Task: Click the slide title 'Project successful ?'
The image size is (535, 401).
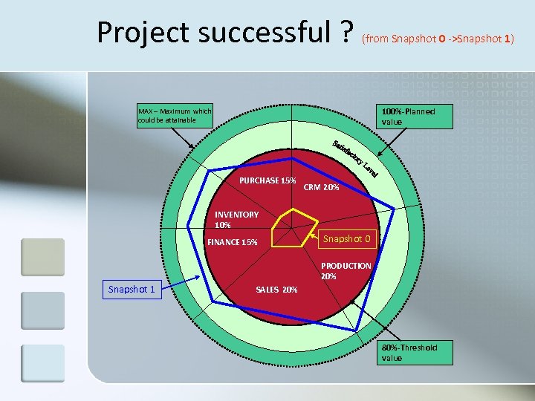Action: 226,33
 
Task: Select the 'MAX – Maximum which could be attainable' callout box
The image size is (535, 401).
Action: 175,117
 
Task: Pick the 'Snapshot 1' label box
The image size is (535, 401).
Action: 132,289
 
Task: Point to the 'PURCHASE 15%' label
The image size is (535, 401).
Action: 267,180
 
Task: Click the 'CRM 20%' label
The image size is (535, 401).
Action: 322,188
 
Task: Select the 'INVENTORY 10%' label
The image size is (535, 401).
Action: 236,219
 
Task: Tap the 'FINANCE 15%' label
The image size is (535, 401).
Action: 233,242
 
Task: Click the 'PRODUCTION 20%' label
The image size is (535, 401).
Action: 346,270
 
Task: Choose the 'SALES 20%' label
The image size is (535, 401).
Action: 276,290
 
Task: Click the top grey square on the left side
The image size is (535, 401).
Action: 42,257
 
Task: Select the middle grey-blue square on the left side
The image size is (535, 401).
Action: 42,310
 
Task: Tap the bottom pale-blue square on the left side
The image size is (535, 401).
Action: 42,363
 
